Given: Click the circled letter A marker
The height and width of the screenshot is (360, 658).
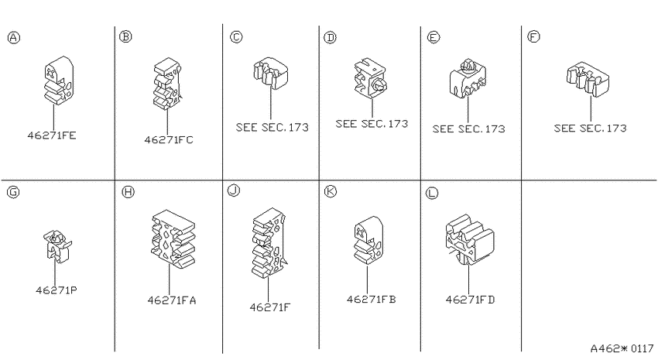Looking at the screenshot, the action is tap(14, 38).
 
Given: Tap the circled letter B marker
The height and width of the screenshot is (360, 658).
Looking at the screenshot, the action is tap(125, 36).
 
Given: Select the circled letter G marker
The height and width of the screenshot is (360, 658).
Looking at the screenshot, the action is tap(13, 192).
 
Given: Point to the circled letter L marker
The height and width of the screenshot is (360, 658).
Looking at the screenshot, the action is tap(431, 193).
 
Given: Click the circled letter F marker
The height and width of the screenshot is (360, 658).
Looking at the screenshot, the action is tap(533, 37).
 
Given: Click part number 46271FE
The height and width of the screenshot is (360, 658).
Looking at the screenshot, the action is tap(52, 135).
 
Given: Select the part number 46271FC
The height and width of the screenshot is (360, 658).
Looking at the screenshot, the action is tap(169, 139).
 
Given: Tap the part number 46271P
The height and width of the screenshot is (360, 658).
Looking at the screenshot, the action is tap(57, 290).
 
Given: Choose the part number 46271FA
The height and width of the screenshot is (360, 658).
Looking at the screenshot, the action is tap(172, 300).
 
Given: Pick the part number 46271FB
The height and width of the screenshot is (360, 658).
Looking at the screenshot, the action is tap(372, 299).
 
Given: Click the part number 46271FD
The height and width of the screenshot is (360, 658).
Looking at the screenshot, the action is tap(471, 300).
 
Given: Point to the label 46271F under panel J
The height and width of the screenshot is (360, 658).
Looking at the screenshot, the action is tap(270, 307).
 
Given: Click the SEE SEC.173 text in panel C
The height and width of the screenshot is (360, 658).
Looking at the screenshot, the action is tap(272, 127).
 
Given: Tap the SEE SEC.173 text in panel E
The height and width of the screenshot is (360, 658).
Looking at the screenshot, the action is tap(469, 129).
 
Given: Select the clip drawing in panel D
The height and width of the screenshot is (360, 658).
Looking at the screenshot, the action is tap(370, 78).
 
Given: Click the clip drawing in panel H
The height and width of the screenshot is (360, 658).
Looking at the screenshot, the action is tap(173, 240).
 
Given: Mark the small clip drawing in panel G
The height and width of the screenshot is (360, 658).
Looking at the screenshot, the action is tap(57, 246).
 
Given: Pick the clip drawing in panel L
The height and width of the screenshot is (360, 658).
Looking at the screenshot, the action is tap(470, 240).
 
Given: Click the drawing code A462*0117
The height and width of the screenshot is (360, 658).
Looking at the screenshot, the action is tap(622, 348).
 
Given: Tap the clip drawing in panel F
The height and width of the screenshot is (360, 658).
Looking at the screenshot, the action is tap(588, 79).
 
